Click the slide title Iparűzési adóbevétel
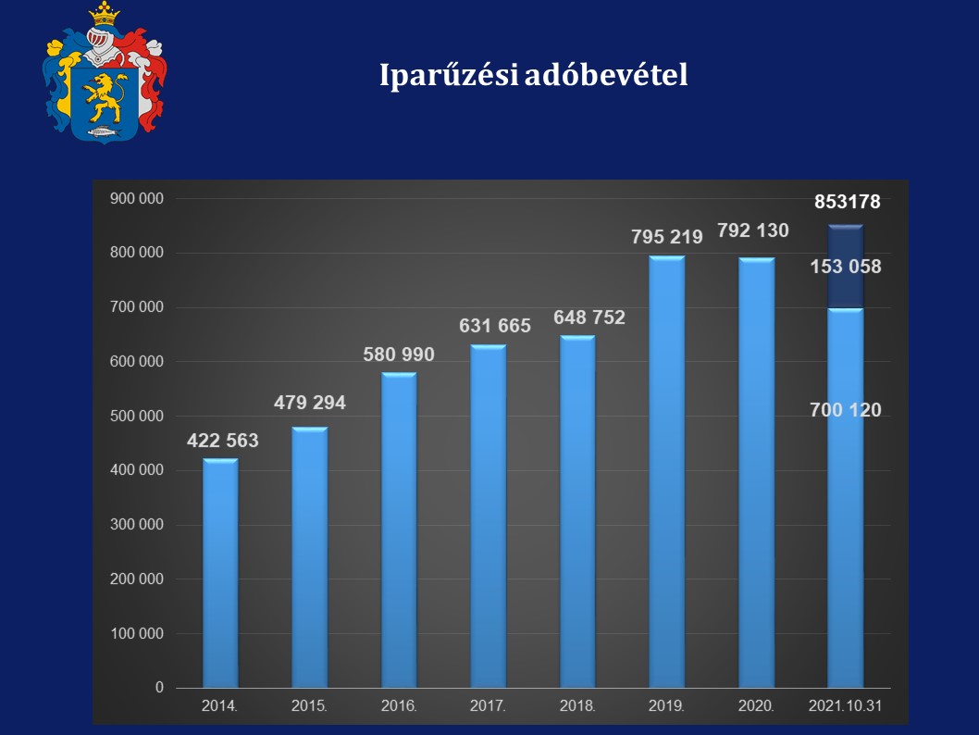click(x=534, y=76)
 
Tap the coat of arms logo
click(x=104, y=73)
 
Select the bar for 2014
click(x=220, y=574)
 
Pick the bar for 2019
click(x=666, y=472)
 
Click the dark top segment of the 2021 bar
click(x=845, y=267)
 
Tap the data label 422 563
click(x=223, y=441)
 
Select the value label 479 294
click(x=310, y=403)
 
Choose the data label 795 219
click(x=667, y=236)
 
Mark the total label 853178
click(x=848, y=202)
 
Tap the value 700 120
click(x=846, y=410)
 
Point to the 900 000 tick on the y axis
click(x=137, y=198)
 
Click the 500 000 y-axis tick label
click(x=137, y=417)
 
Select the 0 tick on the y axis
click(x=159, y=688)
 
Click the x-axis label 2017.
click(x=488, y=705)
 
